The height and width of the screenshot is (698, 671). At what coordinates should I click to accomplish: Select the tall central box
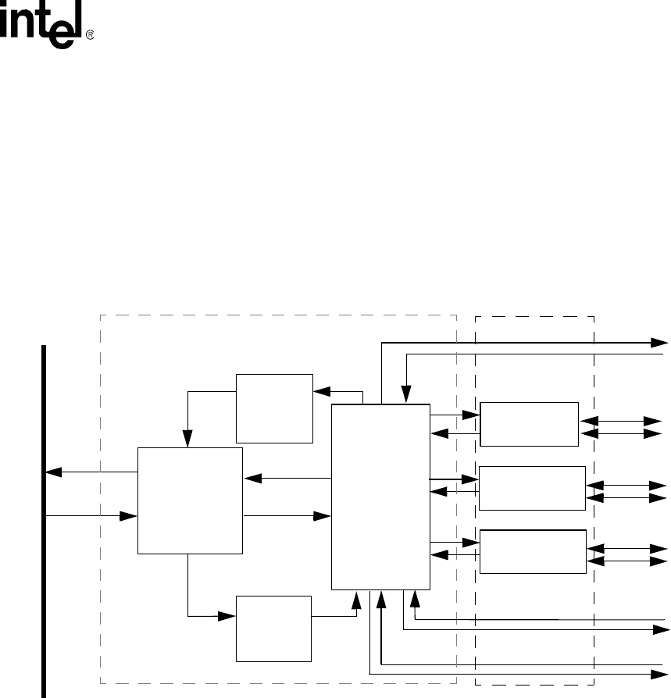(x=380, y=497)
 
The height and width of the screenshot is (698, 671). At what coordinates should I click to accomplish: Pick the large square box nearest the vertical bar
(x=190, y=500)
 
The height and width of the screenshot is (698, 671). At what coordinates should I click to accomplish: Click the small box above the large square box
(x=273, y=408)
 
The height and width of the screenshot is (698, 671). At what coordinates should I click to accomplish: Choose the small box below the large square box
(x=273, y=628)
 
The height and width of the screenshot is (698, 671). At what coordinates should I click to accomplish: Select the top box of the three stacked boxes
(x=530, y=424)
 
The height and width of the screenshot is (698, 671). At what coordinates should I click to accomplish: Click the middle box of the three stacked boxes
(x=531, y=488)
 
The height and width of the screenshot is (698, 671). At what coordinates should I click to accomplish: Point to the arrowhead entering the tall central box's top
(x=406, y=396)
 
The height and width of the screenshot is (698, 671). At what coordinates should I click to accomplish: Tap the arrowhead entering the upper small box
(x=320, y=391)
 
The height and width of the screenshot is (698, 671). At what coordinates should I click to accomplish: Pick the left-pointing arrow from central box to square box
(x=286, y=479)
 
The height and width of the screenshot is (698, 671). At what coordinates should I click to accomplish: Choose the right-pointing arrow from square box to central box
(x=286, y=515)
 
